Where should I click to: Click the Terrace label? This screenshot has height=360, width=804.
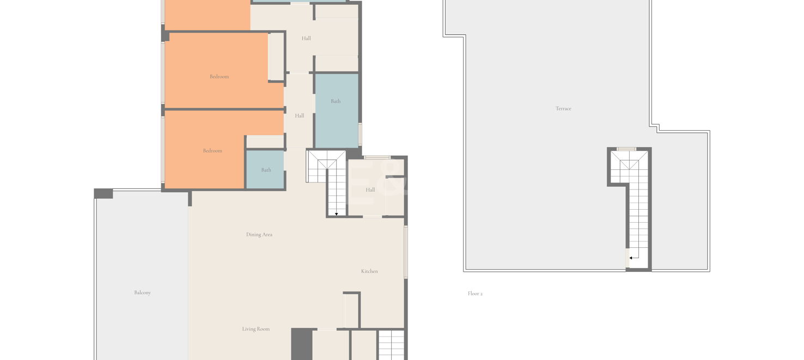[x=563, y=108]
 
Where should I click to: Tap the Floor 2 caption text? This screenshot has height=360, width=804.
[x=475, y=294]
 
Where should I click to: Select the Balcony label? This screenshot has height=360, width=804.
[x=143, y=292]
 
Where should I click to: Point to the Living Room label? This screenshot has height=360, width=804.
[x=255, y=329]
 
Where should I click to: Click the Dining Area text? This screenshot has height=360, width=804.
[x=259, y=234]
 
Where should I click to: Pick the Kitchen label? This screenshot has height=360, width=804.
[x=369, y=271]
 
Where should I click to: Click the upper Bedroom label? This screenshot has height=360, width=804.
[x=219, y=76]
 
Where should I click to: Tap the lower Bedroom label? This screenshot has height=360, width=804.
[x=212, y=151]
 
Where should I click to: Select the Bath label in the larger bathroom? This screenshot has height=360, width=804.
[x=336, y=101]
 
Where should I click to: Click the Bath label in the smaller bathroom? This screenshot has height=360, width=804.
[x=266, y=170]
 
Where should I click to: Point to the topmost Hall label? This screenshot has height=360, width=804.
[x=306, y=39]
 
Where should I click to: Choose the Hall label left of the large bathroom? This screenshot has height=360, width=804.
[x=300, y=115]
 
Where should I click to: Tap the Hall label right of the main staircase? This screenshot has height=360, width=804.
[x=370, y=190]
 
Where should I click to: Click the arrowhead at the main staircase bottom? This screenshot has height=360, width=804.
[x=336, y=214]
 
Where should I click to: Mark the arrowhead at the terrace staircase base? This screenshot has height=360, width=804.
[x=631, y=258]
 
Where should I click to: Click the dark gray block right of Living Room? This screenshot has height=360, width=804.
[x=302, y=344]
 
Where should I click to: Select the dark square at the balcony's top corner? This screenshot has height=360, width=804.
[x=103, y=193]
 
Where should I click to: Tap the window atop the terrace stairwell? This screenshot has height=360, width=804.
[x=626, y=149]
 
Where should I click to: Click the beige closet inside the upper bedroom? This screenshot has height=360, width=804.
[x=276, y=57]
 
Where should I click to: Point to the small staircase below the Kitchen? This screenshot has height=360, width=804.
[x=392, y=345]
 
